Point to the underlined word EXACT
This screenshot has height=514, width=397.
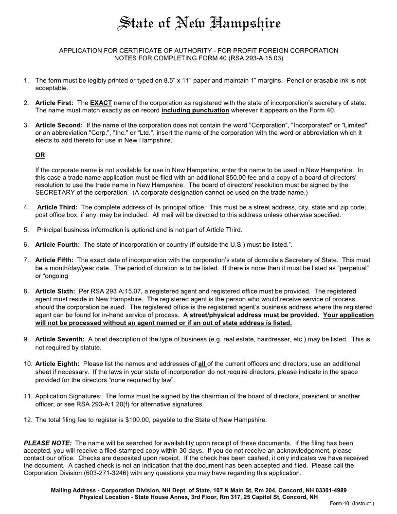(x=101, y=103)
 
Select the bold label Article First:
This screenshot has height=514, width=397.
(x=54, y=103)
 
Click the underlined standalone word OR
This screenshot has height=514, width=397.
(x=40, y=155)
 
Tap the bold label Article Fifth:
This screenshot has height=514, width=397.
(x=54, y=260)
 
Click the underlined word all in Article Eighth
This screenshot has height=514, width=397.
(x=202, y=364)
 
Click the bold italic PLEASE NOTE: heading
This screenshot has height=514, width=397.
(x=48, y=443)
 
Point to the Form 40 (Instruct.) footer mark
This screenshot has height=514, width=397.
(x=351, y=503)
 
